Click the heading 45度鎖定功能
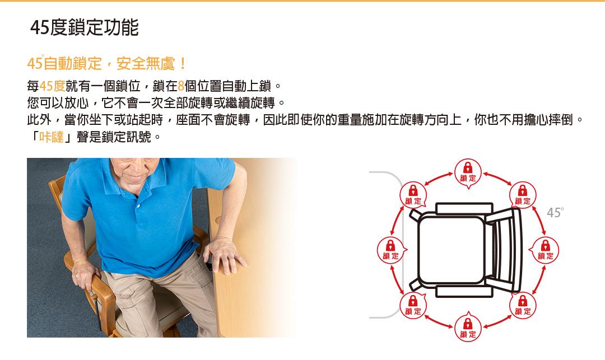(85, 27)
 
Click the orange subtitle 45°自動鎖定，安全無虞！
(107, 64)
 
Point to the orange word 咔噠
(52, 137)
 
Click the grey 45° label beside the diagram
(555, 212)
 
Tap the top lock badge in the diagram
(468, 172)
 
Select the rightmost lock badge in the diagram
(544, 250)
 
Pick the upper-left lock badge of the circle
(413, 195)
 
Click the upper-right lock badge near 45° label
(523, 195)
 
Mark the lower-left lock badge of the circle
(413, 306)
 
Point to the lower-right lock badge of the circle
(523, 306)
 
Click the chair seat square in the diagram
(452, 250)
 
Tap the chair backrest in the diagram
(505, 250)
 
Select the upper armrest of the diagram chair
(464, 208)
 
